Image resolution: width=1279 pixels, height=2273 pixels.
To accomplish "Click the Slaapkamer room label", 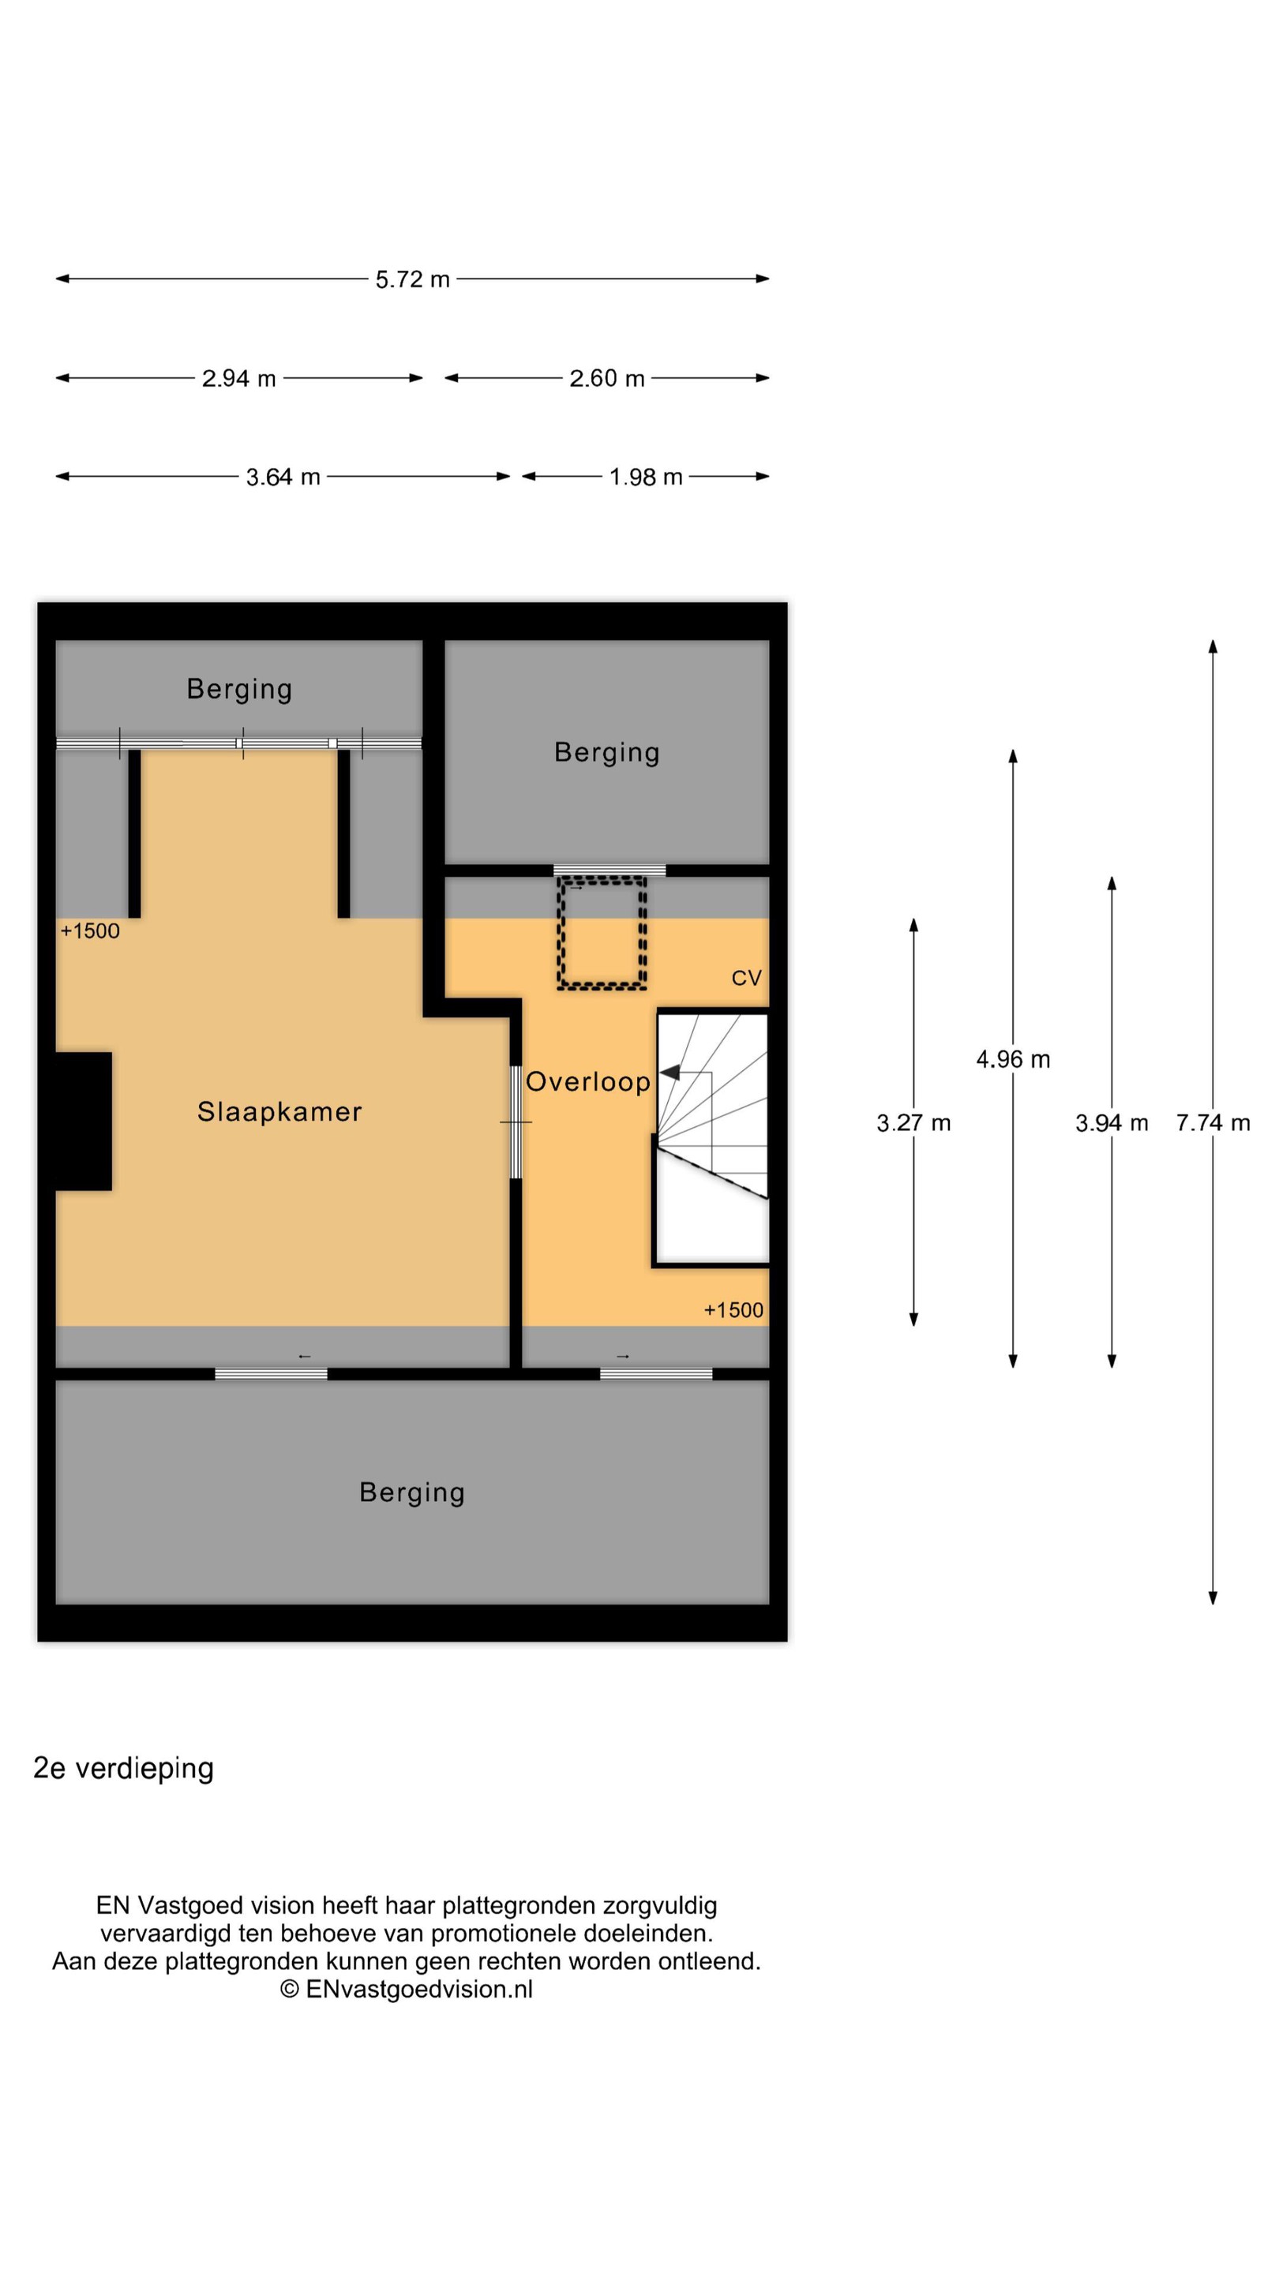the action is [x=279, y=1112].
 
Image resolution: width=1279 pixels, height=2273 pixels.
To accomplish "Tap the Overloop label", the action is [x=588, y=1082].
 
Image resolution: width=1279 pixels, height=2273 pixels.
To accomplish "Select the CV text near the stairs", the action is [x=746, y=978].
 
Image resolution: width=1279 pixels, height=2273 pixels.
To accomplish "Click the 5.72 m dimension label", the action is [x=412, y=279].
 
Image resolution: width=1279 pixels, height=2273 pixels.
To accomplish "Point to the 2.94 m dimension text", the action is [x=239, y=379].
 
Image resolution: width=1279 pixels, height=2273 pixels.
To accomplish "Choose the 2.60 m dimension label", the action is [x=606, y=379].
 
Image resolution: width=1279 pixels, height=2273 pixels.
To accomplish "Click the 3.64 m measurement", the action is [x=283, y=477].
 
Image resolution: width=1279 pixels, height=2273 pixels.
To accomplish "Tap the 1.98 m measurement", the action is [x=646, y=477].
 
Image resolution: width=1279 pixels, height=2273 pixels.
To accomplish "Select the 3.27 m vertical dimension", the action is [x=913, y=1123].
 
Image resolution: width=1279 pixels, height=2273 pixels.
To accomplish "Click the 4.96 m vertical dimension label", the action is [x=1013, y=1060].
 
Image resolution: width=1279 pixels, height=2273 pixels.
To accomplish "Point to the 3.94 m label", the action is [x=1112, y=1123].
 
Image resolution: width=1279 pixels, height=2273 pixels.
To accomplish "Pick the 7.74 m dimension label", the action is [x=1213, y=1123].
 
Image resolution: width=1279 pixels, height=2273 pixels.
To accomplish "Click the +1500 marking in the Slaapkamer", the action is [x=90, y=932].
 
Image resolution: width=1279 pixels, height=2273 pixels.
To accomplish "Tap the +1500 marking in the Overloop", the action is [x=733, y=1310].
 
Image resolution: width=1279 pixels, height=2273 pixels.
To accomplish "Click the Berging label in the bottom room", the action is [x=411, y=1493].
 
